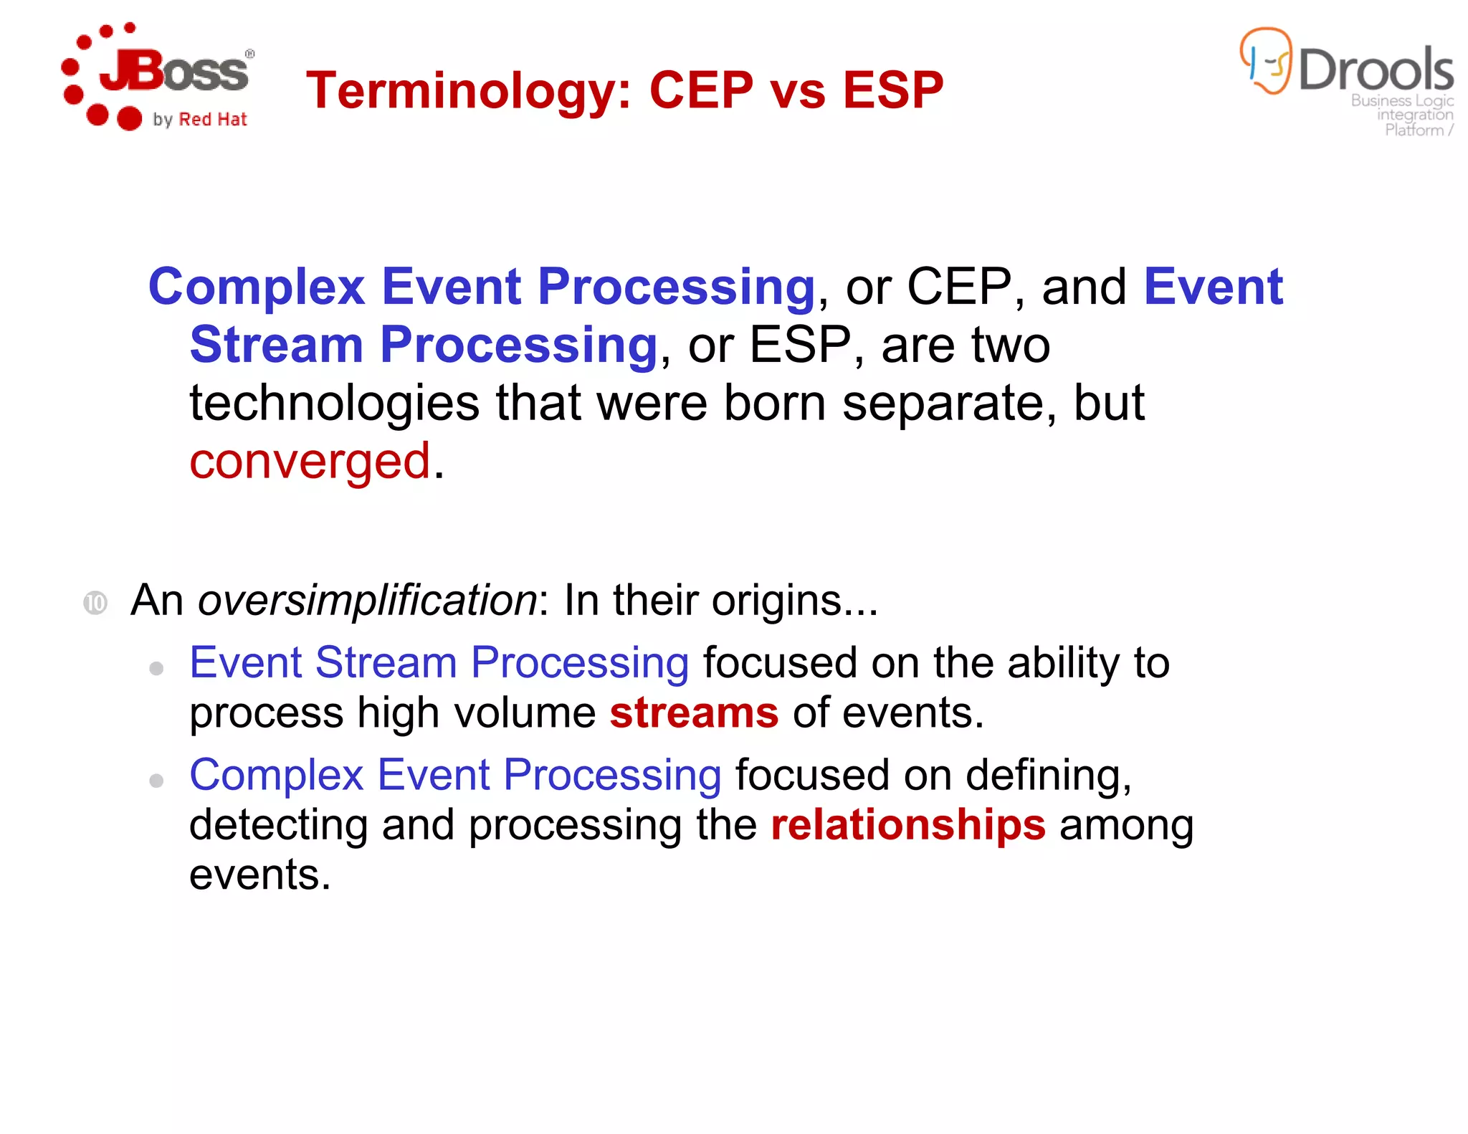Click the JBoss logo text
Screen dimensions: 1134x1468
pyautogui.click(x=176, y=72)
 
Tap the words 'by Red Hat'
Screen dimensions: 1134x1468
pyautogui.click(x=200, y=120)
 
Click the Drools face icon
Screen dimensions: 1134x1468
pyautogui.click(x=1266, y=61)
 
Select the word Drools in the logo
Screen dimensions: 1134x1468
pyautogui.click(x=1376, y=70)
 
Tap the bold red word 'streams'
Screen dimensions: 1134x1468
pyautogui.click(x=694, y=713)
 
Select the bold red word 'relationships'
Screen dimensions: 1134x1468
pyautogui.click(x=908, y=825)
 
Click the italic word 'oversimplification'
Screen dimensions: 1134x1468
pyautogui.click(x=367, y=600)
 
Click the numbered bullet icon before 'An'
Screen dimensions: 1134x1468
pyautogui.click(x=95, y=603)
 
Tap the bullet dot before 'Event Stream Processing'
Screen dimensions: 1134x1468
pyautogui.click(x=156, y=669)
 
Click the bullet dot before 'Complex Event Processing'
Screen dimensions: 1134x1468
pyautogui.click(x=156, y=780)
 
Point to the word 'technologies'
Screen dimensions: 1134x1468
pyautogui.click(x=334, y=404)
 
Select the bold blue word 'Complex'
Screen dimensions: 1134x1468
pyautogui.click(x=257, y=287)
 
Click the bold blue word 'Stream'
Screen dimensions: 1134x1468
pyautogui.click(x=276, y=345)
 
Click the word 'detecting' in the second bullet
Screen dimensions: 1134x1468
pyautogui.click(x=278, y=825)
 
